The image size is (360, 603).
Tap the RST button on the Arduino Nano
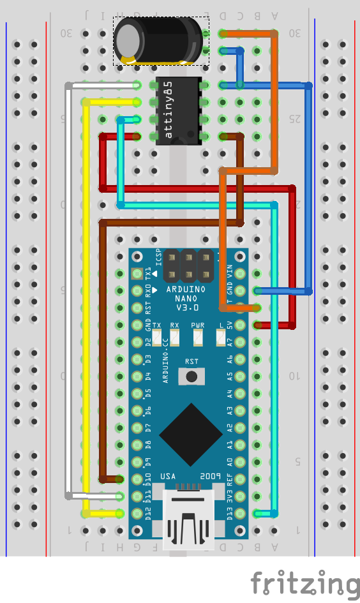[x=191, y=376]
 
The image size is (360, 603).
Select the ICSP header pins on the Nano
[x=188, y=265]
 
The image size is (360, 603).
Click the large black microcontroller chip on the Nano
[x=191, y=435]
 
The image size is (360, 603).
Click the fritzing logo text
[x=304, y=583]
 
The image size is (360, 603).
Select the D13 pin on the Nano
[x=240, y=513]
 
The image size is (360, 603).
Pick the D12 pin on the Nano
[x=137, y=513]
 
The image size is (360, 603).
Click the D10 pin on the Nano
[x=137, y=479]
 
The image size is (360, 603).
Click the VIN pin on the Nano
[x=240, y=274]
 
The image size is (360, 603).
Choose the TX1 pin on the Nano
[x=137, y=274]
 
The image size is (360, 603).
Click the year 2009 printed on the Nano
[x=210, y=477]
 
